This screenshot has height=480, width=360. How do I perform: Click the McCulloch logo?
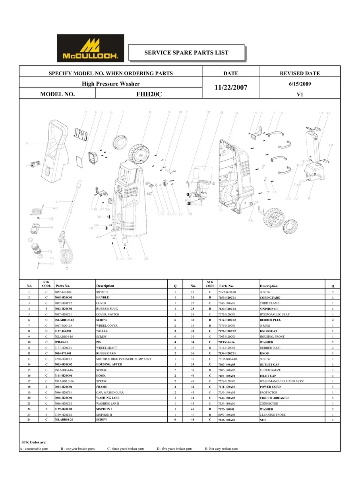[91, 48]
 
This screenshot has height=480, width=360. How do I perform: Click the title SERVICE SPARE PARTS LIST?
[186, 52]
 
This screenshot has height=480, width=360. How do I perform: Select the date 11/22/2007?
[231, 87]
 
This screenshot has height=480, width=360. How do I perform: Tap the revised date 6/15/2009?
[300, 84]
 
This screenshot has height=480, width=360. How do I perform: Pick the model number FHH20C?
[149, 95]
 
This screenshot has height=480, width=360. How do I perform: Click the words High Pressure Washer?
[110, 84]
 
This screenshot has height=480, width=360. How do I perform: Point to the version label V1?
[300, 95]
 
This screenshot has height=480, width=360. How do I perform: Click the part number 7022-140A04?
[63, 292]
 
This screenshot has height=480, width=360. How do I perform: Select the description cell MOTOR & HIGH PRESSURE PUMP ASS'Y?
[124, 359]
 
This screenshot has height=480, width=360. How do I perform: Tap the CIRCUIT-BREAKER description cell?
[274, 398]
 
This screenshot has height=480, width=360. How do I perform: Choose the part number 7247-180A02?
[227, 398]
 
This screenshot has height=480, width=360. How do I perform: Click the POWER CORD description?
[270, 387]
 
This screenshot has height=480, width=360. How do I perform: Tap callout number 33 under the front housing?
[146, 259]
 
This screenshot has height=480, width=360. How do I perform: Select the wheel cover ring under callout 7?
[119, 142]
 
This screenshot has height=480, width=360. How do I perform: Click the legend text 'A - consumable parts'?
[34, 449]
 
